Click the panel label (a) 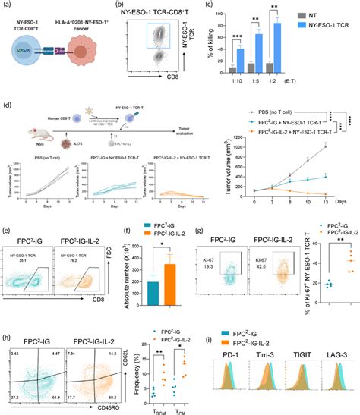[x=6, y=5]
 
